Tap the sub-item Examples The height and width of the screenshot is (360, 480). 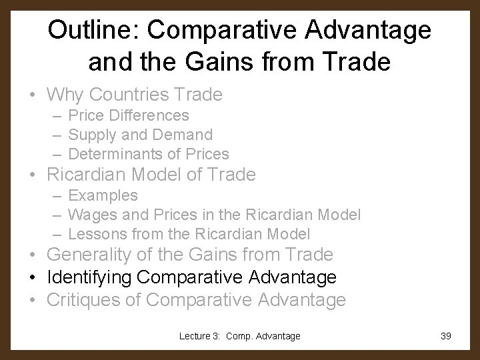103,195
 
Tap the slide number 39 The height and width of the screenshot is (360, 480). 446,337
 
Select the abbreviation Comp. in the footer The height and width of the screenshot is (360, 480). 243,337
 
